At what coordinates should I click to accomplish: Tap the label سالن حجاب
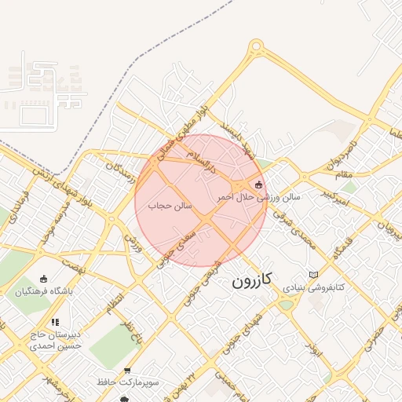point(171,205)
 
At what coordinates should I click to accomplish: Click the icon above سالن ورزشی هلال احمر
point(259,185)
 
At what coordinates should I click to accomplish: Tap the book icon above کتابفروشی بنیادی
point(315,275)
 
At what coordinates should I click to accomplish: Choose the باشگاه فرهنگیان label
point(42,291)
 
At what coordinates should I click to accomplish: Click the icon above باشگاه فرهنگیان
point(43,279)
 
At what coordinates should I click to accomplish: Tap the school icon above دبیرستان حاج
point(55,322)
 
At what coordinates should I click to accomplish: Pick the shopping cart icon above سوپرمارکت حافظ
point(127,371)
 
